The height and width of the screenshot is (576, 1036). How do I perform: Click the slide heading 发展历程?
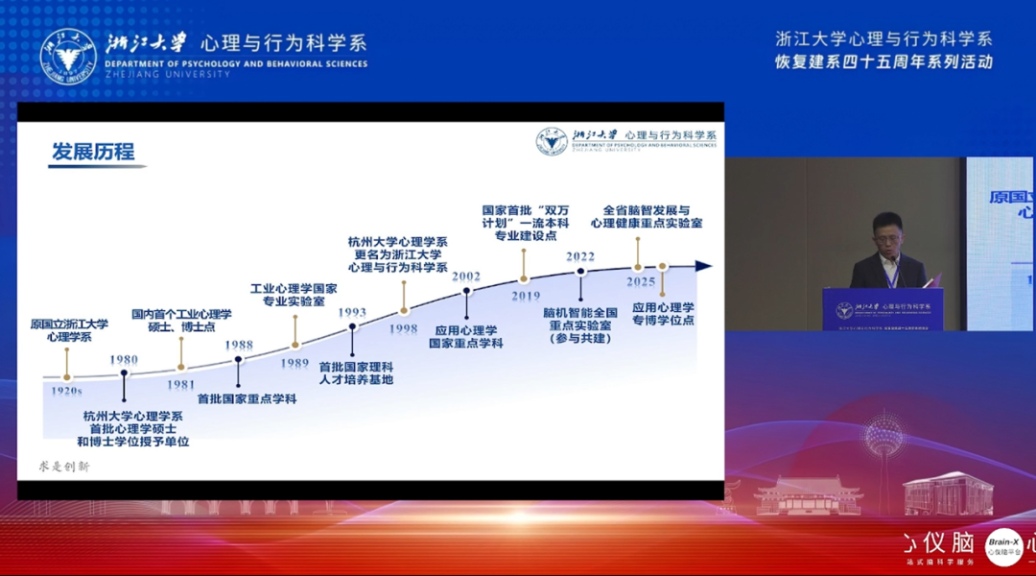click(x=93, y=152)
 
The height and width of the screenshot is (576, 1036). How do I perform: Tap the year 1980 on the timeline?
click(x=124, y=360)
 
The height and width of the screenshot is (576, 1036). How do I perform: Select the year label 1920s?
click(x=66, y=391)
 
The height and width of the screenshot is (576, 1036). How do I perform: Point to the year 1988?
click(x=239, y=345)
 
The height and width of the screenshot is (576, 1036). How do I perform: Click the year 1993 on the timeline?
click(x=352, y=312)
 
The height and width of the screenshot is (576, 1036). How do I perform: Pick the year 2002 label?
click(x=466, y=276)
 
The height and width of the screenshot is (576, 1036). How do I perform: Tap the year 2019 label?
click(x=525, y=297)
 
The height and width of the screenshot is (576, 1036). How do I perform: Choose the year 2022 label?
click(x=580, y=257)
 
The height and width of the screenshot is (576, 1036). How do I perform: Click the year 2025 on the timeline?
click(x=640, y=282)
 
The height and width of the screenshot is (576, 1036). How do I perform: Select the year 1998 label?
click(x=404, y=328)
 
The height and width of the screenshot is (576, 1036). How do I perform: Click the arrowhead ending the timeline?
click(x=704, y=266)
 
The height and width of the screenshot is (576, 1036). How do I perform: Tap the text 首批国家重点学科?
click(x=247, y=398)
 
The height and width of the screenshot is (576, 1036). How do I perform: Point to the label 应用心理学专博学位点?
click(x=663, y=314)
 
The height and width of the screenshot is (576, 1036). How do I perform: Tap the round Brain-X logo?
click(x=1004, y=547)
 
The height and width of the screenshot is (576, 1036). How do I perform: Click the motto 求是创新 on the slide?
click(x=64, y=467)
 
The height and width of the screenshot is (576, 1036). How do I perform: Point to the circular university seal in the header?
click(x=68, y=55)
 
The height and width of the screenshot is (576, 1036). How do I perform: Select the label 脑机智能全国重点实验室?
click(x=580, y=325)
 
